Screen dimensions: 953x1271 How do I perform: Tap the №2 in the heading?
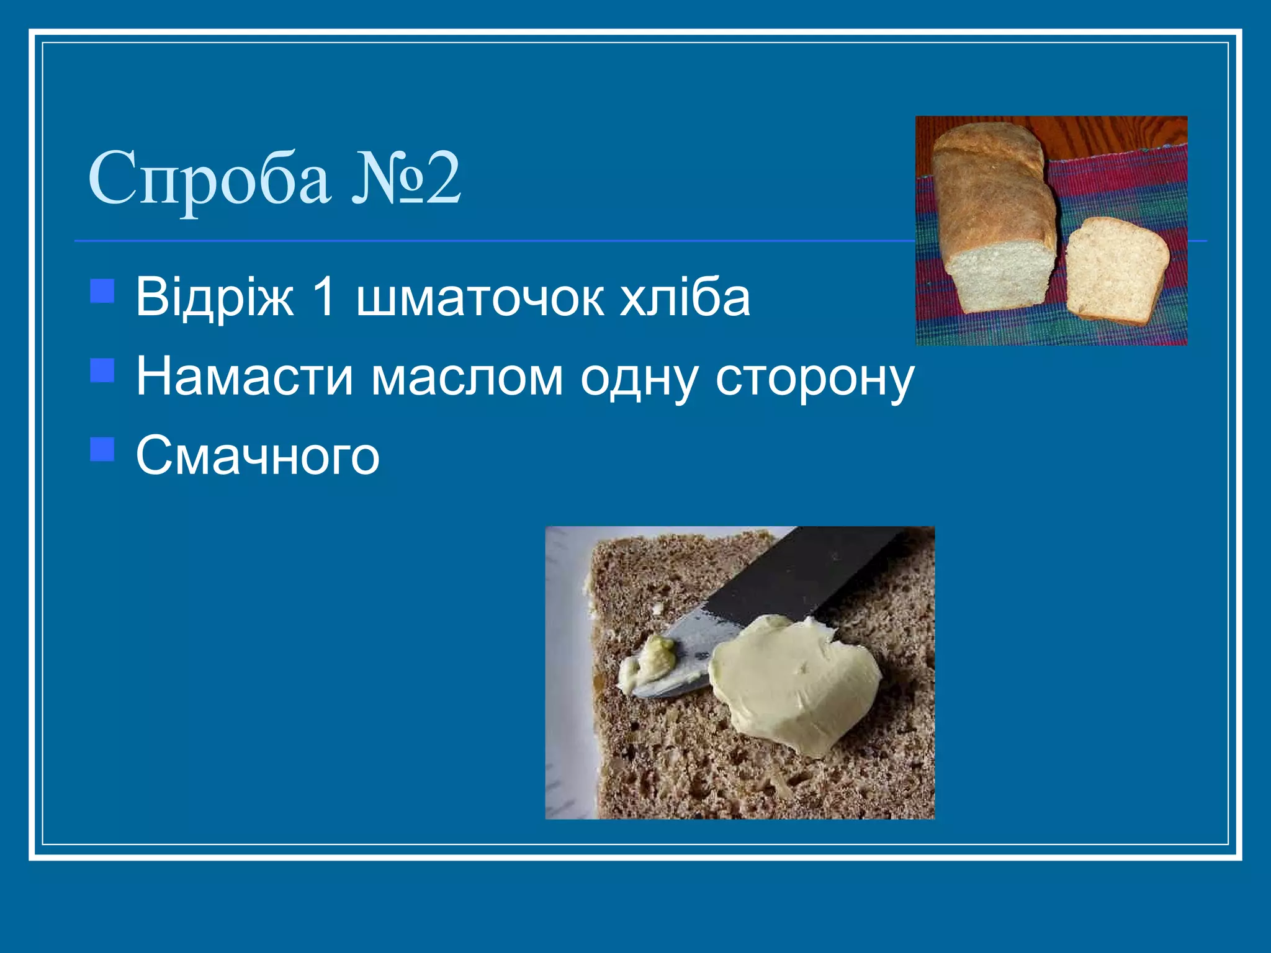(406, 179)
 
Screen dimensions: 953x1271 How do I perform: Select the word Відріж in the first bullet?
(215, 298)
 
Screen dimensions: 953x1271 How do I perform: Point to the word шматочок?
(479, 298)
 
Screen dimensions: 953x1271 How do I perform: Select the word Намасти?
(245, 377)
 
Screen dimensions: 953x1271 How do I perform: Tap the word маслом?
(467, 377)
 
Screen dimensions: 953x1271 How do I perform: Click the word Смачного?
(258, 456)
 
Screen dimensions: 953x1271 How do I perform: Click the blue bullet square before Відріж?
(102, 291)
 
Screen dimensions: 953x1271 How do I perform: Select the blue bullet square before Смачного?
(102, 449)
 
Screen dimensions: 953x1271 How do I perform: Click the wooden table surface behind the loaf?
(1117, 133)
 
